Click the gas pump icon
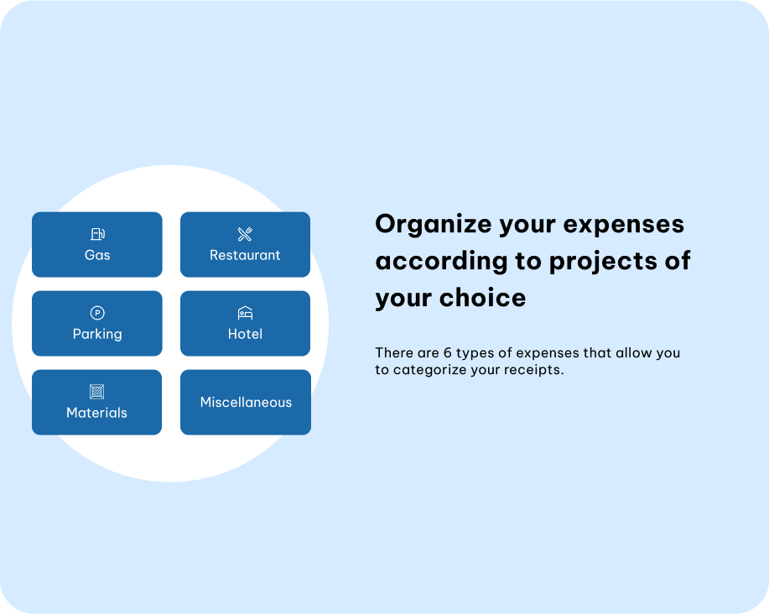pyautogui.click(x=97, y=234)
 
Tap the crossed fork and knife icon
pyautogui.click(x=245, y=234)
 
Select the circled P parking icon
pyautogui.click(x=97, y=313)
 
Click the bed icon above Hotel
pyautogui.click(x=245, y=313)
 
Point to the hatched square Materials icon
pyautogui.click(x=97, y=392)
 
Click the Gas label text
pyautogui.click(x=97, y=255)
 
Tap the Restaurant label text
pyautogui.click(x=245, y=255)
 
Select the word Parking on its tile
pyautogui.click(x=97, y=335)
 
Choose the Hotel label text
pyautogui.click(x=245, y=334)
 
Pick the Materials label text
pyautogui.click(x=96, y=413)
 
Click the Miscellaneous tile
pyautogui.click(x=246, y=402)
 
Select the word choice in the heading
pyautogui.click(x=482, y=298)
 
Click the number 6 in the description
pyautogui.click(x=447, y=352)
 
